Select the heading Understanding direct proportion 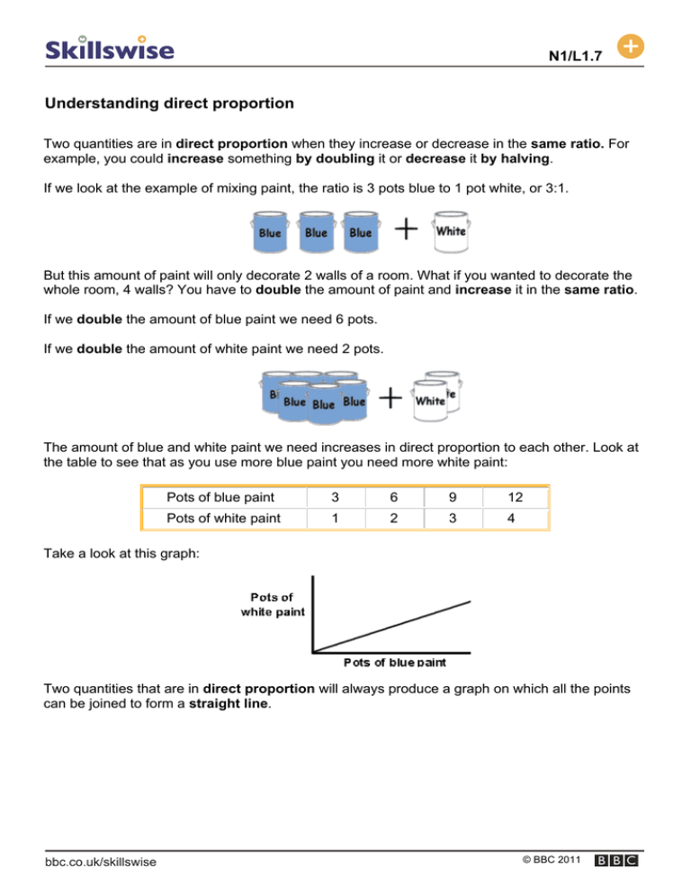169,104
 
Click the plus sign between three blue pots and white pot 407,231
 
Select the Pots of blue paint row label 220,497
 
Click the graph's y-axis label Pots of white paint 273,604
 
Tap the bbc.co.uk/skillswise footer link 101,862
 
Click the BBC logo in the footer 617,862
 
